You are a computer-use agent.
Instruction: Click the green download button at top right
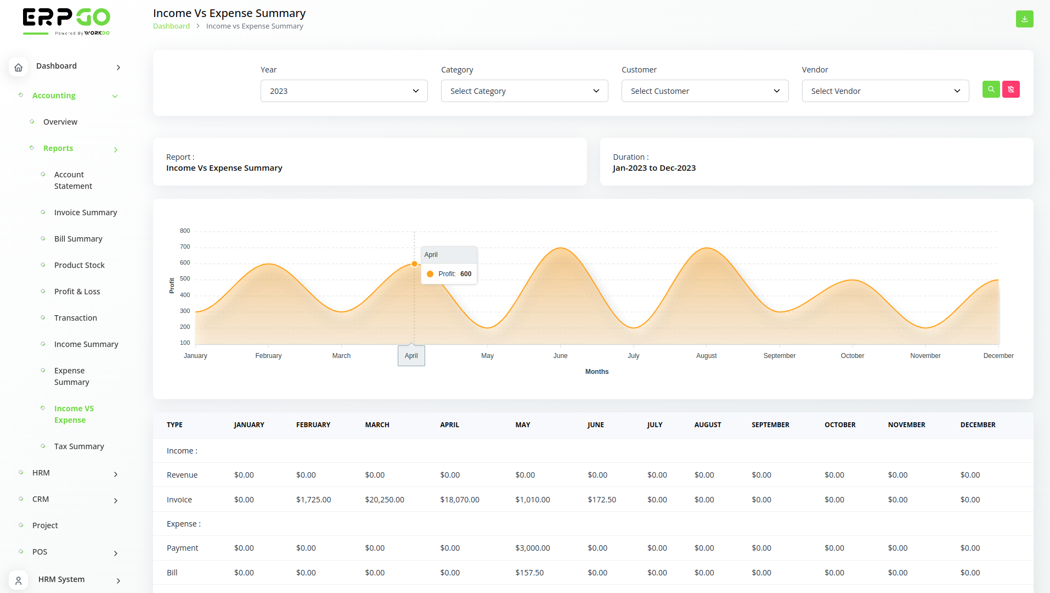[1024, 19]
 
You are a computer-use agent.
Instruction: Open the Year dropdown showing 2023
[344, 91]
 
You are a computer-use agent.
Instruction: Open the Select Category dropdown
[524, 91]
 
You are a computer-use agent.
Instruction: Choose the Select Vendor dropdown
[885, 91]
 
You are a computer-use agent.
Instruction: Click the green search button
[991, 89]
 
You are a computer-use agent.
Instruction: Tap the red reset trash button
[1011, 89]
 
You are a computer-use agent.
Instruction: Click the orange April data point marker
[414, 264]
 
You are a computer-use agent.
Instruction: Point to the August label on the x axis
[706, 356]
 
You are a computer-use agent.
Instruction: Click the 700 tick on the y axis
[185, 247]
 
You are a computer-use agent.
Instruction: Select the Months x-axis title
[596, 372]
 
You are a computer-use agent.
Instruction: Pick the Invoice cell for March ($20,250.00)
[385, 500]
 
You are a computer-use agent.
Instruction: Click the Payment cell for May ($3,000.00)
[532, 548]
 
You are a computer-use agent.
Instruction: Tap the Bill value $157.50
[529, 573]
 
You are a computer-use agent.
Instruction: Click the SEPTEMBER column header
[770, 425]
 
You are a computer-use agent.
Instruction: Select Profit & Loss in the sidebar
[77, 292]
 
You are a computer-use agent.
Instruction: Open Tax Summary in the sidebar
[79, 446]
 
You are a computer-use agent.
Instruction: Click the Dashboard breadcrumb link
[171, 26]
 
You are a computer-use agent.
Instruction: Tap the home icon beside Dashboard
[19, 67]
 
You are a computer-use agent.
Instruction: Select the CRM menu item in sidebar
[41, 499]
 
